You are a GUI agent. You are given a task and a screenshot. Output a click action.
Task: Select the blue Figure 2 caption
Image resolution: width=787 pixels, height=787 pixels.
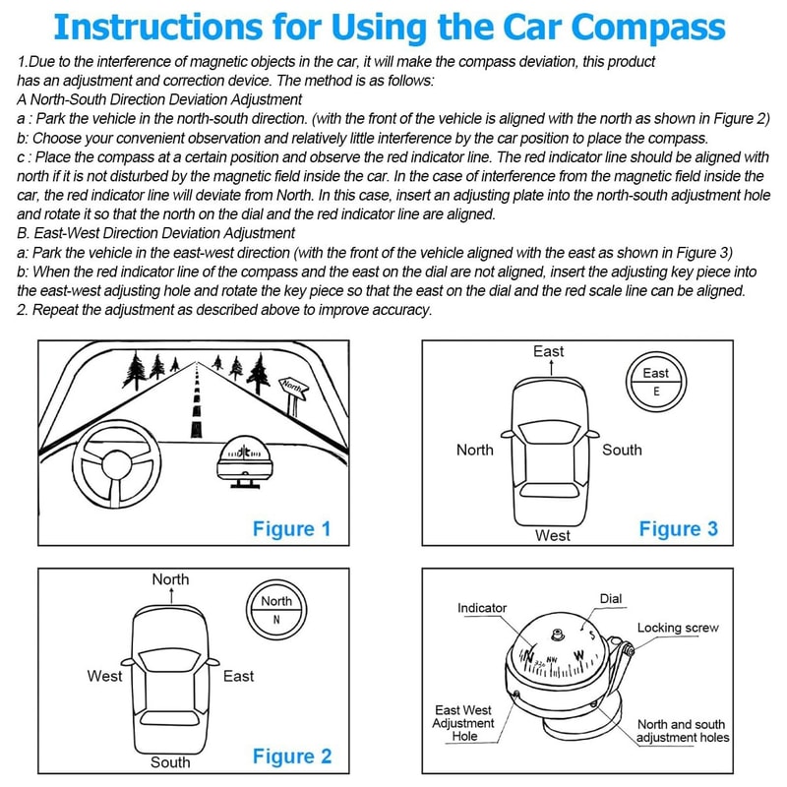pyautogui.click(x=292, y=756)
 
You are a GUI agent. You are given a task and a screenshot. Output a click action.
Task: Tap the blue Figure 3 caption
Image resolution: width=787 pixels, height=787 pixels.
pyautogui.click(x=679, y=529)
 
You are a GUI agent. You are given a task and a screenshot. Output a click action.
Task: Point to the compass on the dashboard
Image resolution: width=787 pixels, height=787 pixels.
pyautogui.click(x=244, y=458)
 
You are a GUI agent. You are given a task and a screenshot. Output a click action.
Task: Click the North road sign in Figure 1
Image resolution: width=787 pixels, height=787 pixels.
pyautogui.click(x=293, y=386)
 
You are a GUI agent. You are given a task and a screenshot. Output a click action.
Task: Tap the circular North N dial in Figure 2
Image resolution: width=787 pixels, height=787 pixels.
pyautogui.click(x=276, y=609)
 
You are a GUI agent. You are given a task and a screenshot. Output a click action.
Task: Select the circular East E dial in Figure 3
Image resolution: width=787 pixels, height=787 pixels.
pyautogui.click(x=655, y=382)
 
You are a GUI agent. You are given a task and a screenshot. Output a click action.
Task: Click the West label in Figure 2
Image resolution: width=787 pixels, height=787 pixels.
pyautogui.click(x=105, y=676)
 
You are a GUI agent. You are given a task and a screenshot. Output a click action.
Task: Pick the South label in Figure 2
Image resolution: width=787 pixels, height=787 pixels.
pyautogui.click(x=170, y=761)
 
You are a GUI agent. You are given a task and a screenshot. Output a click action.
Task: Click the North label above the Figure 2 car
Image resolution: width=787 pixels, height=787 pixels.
pyautogui.click(x=170, y=579)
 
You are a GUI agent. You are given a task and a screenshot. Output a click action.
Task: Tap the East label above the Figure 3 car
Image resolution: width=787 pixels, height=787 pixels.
pyautogui.click(x=549, y=351)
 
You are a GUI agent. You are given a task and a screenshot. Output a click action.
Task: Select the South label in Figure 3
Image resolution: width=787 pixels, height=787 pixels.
pyautogui.click(x=622, y=450)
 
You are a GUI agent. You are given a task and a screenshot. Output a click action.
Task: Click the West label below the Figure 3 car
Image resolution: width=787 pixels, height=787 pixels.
pyautogui.click(x=552, y=535)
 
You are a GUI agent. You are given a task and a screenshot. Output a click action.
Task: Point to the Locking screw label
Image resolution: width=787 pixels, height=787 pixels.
pyautogui.click(x=678, y=628)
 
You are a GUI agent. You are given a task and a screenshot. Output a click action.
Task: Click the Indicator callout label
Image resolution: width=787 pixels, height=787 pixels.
pyautogui.click(x=482, y=608)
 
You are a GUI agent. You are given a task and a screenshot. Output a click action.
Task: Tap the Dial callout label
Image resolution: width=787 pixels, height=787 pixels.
pyautogui.click(x=611, y=598)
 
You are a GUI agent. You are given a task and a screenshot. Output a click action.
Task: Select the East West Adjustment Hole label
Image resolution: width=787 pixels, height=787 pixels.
pyautogui.click(x=464, y=723)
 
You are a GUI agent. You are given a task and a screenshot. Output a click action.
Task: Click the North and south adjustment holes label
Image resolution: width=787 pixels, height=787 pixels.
pyautogui.click(x=683, y=730)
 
